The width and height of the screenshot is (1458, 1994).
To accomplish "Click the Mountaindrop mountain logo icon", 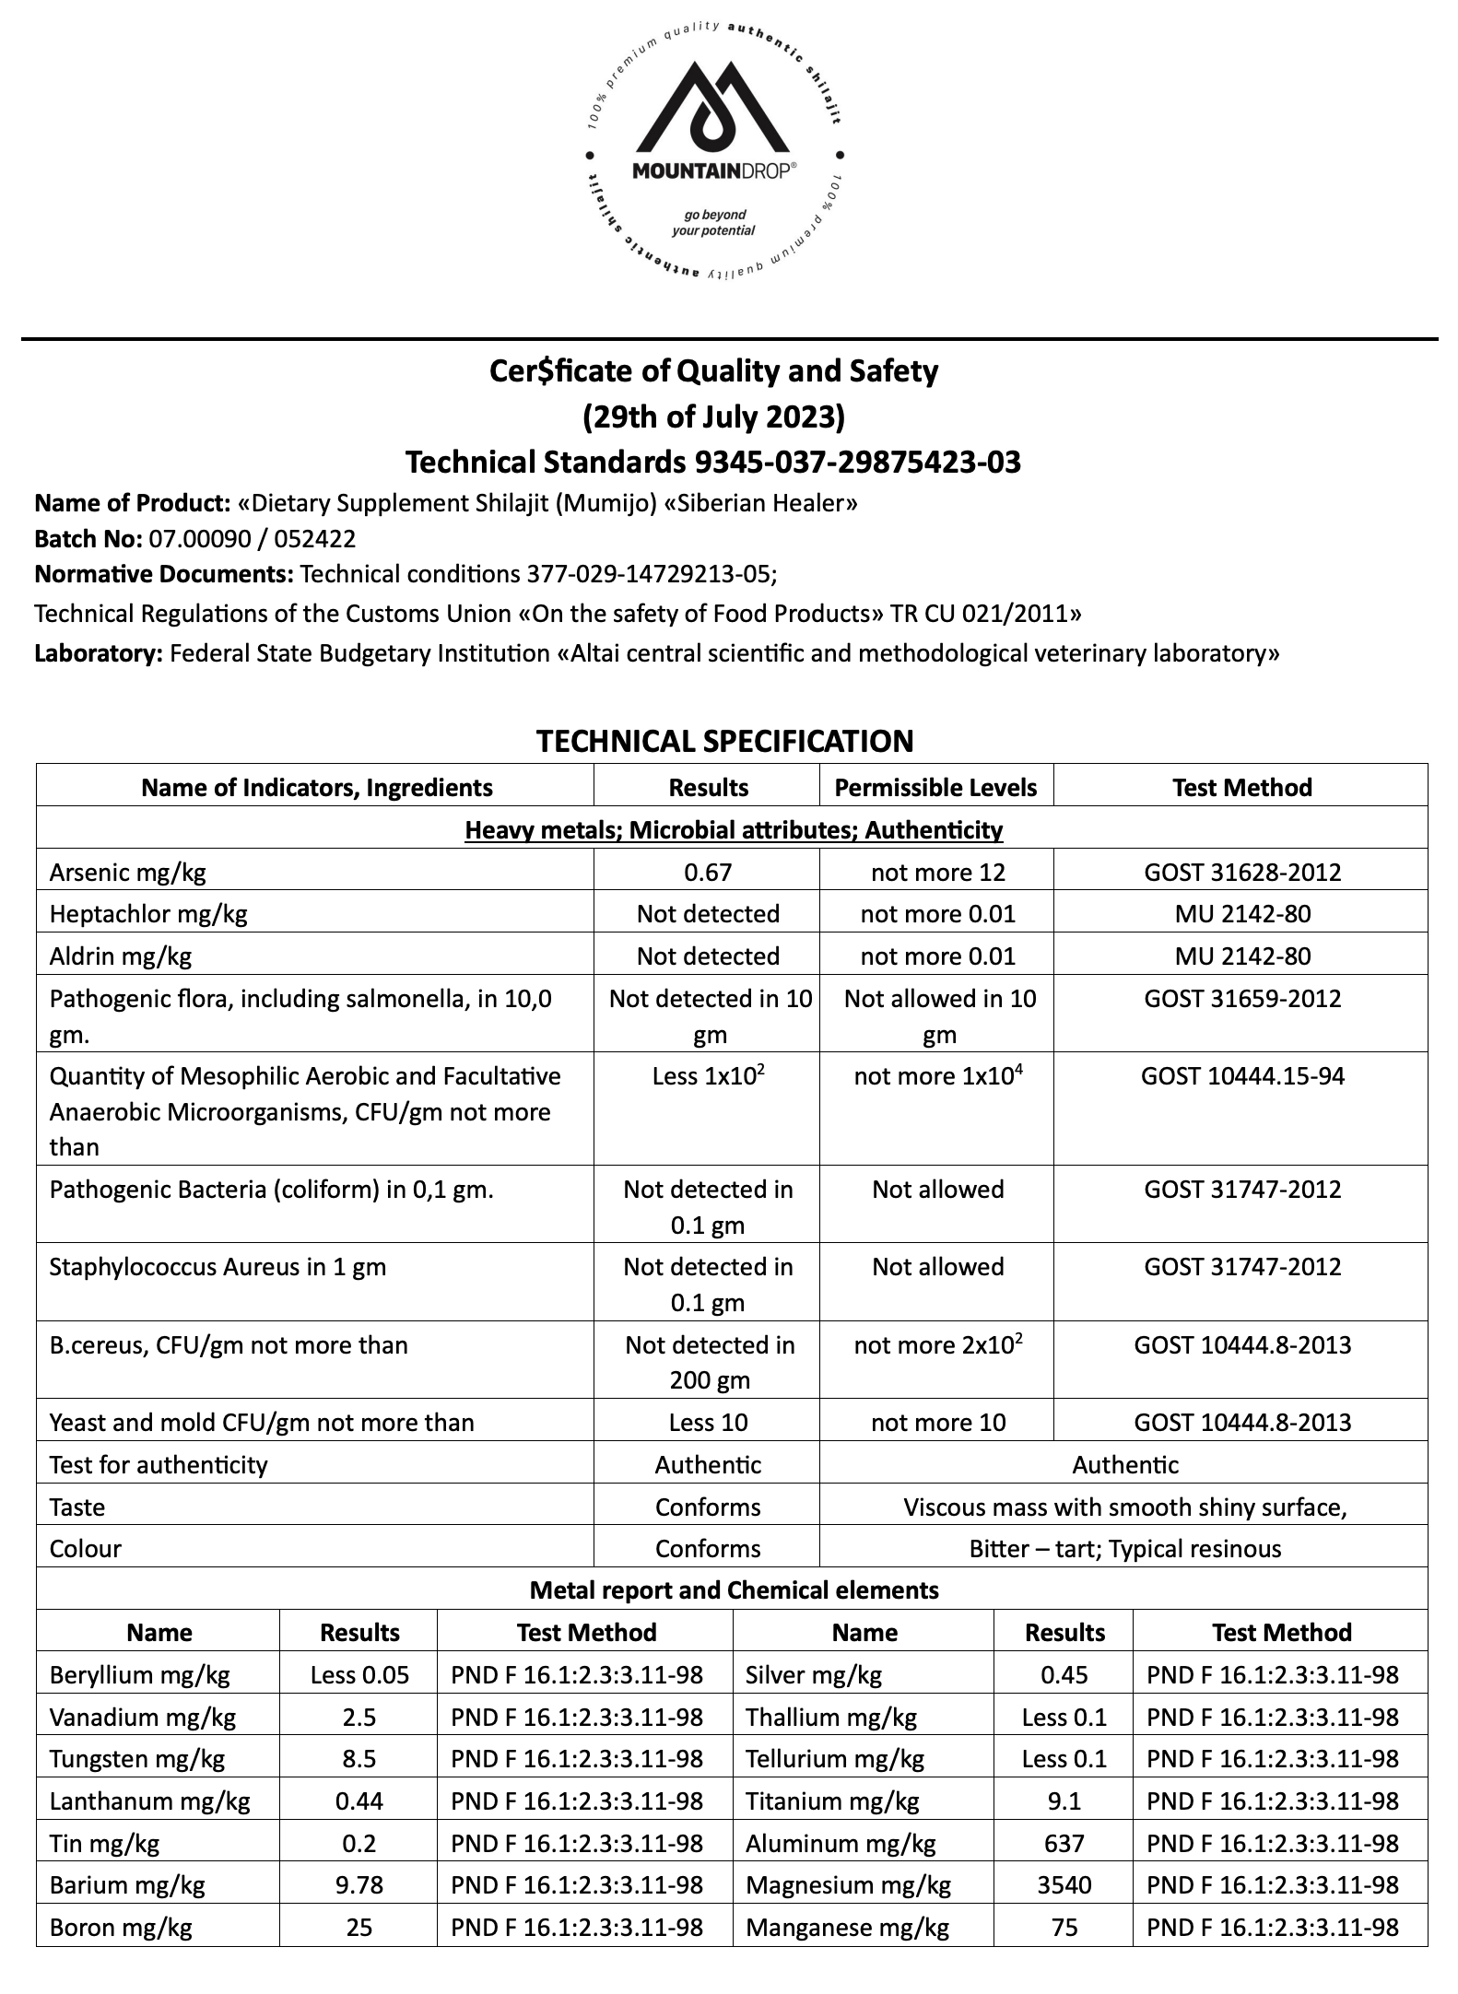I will [712, 109].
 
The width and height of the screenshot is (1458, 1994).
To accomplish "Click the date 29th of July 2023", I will [713, 417].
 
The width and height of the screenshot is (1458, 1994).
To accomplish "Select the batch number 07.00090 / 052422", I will [253, 538].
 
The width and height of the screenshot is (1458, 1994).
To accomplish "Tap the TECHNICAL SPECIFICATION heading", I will [724, 741].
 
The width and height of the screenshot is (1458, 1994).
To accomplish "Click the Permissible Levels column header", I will [935, 788].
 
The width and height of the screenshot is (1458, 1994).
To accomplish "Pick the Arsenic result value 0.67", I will [708, 872].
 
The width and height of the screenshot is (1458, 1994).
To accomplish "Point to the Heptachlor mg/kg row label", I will [148, 914].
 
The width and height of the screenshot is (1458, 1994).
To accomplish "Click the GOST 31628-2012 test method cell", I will [1241, 872].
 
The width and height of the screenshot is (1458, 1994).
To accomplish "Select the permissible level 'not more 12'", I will [937, 872].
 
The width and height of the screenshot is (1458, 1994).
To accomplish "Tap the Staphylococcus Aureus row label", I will [218, 1267].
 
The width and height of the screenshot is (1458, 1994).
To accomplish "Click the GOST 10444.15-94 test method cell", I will [1241, 1076].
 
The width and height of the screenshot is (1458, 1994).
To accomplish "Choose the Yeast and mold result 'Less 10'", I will [708, 1422].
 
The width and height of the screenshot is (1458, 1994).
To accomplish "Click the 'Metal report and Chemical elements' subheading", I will [734, 1589].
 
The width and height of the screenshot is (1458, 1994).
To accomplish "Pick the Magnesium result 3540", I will [1064, 1884].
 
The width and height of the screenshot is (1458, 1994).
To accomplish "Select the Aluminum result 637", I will [1064, 1843].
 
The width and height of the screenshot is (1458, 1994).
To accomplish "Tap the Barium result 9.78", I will [359, 1884].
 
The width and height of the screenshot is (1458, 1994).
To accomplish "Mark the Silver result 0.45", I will [1064, 1674].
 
